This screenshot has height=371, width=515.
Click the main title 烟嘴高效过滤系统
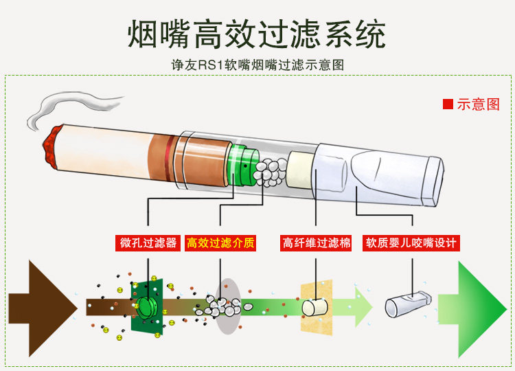(257, 33)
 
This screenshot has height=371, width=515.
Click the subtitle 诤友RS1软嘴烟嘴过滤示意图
(257, 66)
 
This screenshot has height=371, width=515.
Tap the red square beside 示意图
(448, 104)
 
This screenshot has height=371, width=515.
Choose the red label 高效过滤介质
(220, 243)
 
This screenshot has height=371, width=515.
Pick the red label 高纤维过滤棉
(317, 243)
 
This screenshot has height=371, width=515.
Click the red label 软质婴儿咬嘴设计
(411, 243)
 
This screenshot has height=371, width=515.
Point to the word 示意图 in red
(479, 104)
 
